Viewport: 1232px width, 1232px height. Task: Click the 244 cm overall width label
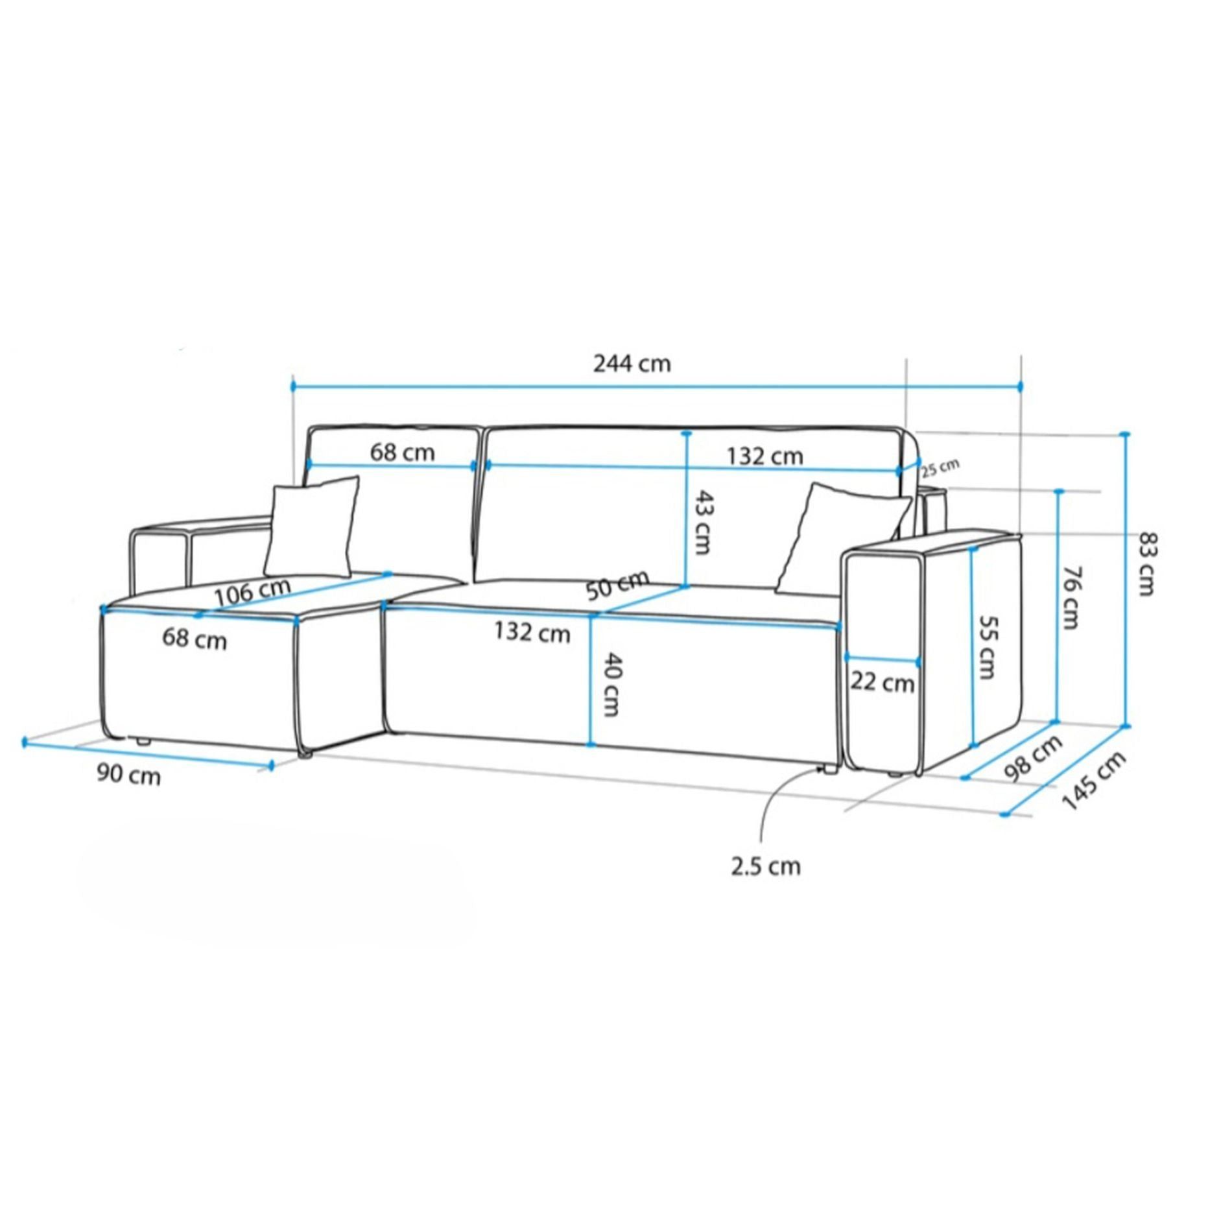(x=632, y=363)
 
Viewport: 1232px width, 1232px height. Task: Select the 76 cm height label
(x=1071, y=598)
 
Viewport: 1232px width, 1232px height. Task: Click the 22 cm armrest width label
(x=883, y=682)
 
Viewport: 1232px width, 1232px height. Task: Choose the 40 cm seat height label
(x=610, y=684)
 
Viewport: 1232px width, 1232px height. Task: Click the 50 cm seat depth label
(x=617, y=586)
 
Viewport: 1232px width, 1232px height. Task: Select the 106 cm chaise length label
(x=252, y=591)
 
